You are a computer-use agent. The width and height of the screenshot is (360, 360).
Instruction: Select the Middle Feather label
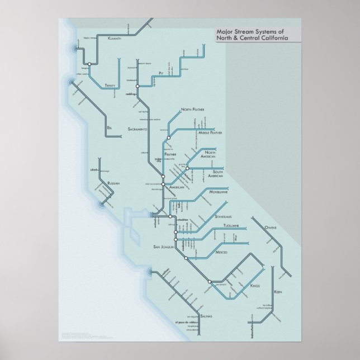[x=211, y=133]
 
